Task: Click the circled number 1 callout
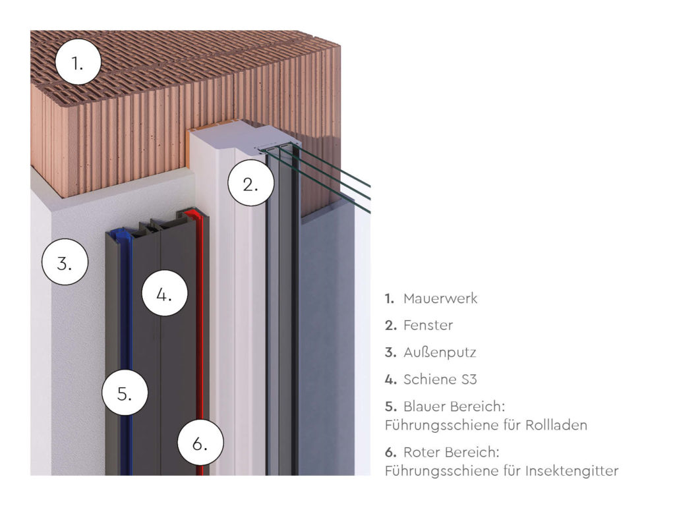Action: pos(78,63)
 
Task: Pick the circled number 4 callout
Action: pos(163,294)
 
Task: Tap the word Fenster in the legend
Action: pos(428,325)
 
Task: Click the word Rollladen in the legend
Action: pos(556,426)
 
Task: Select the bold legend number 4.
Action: pos(390,379)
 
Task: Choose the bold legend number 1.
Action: pos(390,298)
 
